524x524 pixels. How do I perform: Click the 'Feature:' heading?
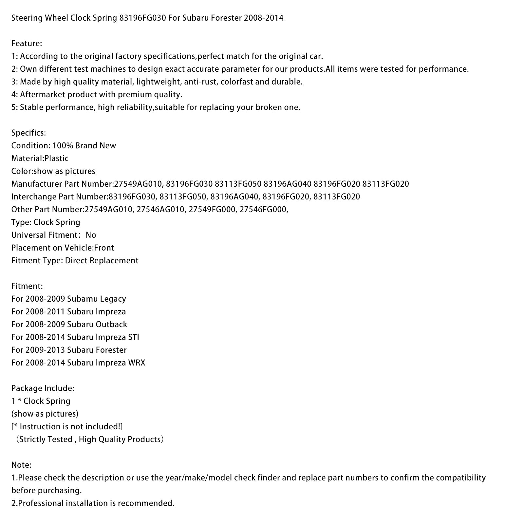(27, 44)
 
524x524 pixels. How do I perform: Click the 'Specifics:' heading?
(28, 133)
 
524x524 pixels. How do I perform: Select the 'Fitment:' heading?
(27, 286)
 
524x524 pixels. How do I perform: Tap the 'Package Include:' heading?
(43, 388)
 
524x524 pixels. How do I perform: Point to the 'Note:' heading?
(21, 465)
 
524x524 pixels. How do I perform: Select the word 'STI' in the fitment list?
(134, 337)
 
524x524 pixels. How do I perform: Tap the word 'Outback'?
(111, 325)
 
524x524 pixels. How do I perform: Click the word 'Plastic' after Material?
(56, 159)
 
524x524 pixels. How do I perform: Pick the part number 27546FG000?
(264, 210)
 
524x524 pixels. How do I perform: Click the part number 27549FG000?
(212, 210)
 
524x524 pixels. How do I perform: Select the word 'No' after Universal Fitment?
(91, 235)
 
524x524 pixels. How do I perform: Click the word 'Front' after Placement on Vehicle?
(104, 248)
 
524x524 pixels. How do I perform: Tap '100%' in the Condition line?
(63, 146)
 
